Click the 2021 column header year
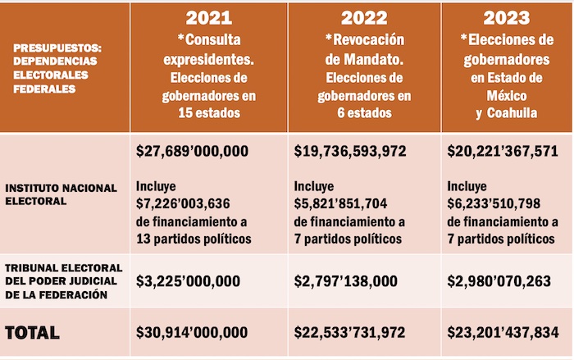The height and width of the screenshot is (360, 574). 208,17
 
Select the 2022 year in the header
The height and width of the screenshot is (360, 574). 364,17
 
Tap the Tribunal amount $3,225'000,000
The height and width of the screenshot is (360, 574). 188,281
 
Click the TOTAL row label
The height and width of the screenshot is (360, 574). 32,333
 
